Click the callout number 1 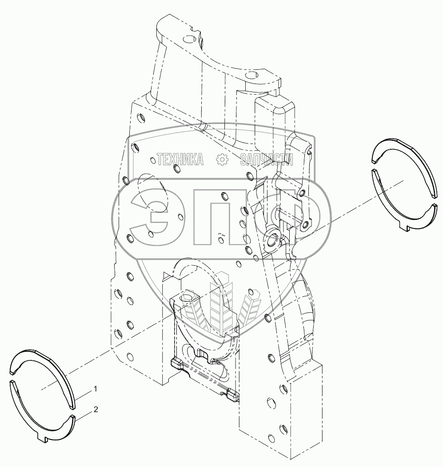pos(95,389)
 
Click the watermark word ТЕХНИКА pos(180,159)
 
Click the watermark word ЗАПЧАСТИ pos(267,159)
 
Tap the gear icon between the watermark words pos(221,159)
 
